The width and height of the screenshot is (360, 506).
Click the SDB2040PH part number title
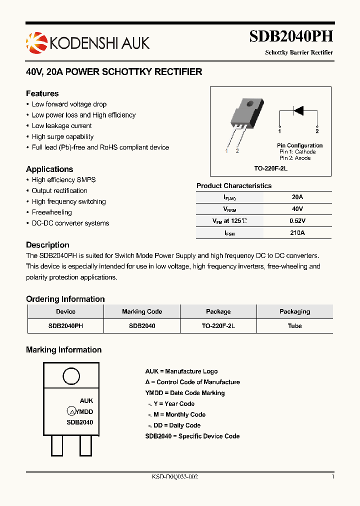[291, 37]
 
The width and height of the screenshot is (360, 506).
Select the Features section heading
[42, 93]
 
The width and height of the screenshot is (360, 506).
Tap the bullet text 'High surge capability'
[62, 136]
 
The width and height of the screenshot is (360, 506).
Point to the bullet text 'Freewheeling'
[52, 212]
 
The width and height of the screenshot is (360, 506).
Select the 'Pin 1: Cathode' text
[297, 151]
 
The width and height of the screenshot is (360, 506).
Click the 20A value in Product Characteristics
[297, 197]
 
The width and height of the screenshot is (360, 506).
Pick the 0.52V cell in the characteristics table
[297, 221]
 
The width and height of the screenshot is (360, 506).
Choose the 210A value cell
[297, 232]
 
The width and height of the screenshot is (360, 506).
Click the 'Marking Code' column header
[142, 311]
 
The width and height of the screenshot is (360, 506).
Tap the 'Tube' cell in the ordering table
[294, 325]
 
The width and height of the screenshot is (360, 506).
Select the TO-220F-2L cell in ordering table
[218, 325]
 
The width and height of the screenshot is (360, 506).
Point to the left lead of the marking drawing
[56, 445]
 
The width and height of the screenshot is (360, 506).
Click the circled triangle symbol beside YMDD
[71, 411]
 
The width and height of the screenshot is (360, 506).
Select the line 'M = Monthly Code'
[176, 414]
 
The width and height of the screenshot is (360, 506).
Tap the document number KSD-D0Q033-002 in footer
[175, 477]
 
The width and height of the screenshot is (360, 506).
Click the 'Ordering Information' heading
[65, 299]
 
